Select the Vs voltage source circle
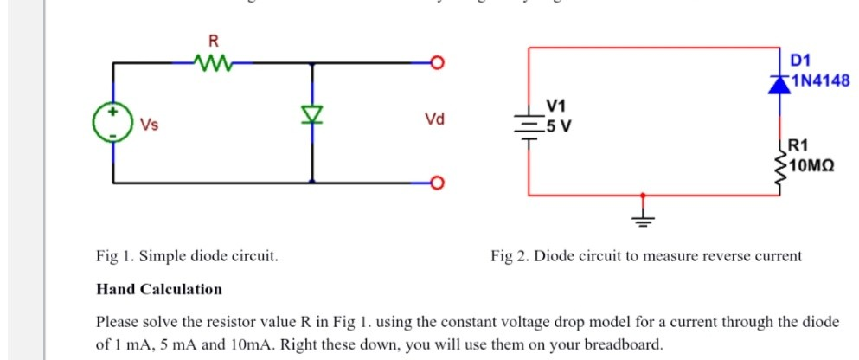pos(112,123)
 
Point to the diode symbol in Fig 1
pos(311,113)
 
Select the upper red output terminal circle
pos(438,63)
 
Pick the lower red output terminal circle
pos(438,183)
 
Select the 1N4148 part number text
pos(821,81)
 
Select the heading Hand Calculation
pos(158,289)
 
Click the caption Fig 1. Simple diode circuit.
pos(187,256)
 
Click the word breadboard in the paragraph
pos(626,344)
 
